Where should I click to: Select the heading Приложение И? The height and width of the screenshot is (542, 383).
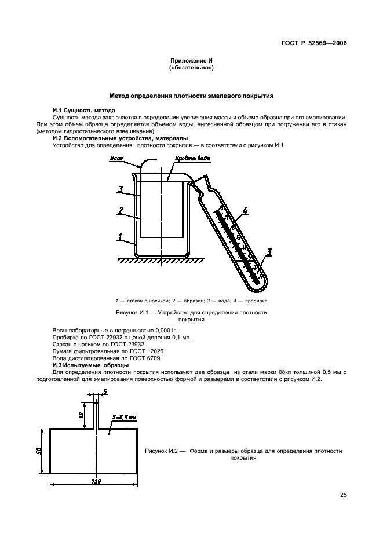click(x=191, y=61)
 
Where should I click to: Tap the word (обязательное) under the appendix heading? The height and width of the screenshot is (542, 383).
click(x=191, y=68)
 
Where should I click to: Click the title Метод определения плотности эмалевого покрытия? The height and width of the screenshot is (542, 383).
click(x=191, y=96)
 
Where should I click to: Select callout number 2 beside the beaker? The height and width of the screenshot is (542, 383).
click(x=121, y=211)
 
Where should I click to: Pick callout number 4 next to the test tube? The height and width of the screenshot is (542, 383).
click(x=245, y=211)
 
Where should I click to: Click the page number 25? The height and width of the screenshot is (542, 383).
click(x=343, y=495)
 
